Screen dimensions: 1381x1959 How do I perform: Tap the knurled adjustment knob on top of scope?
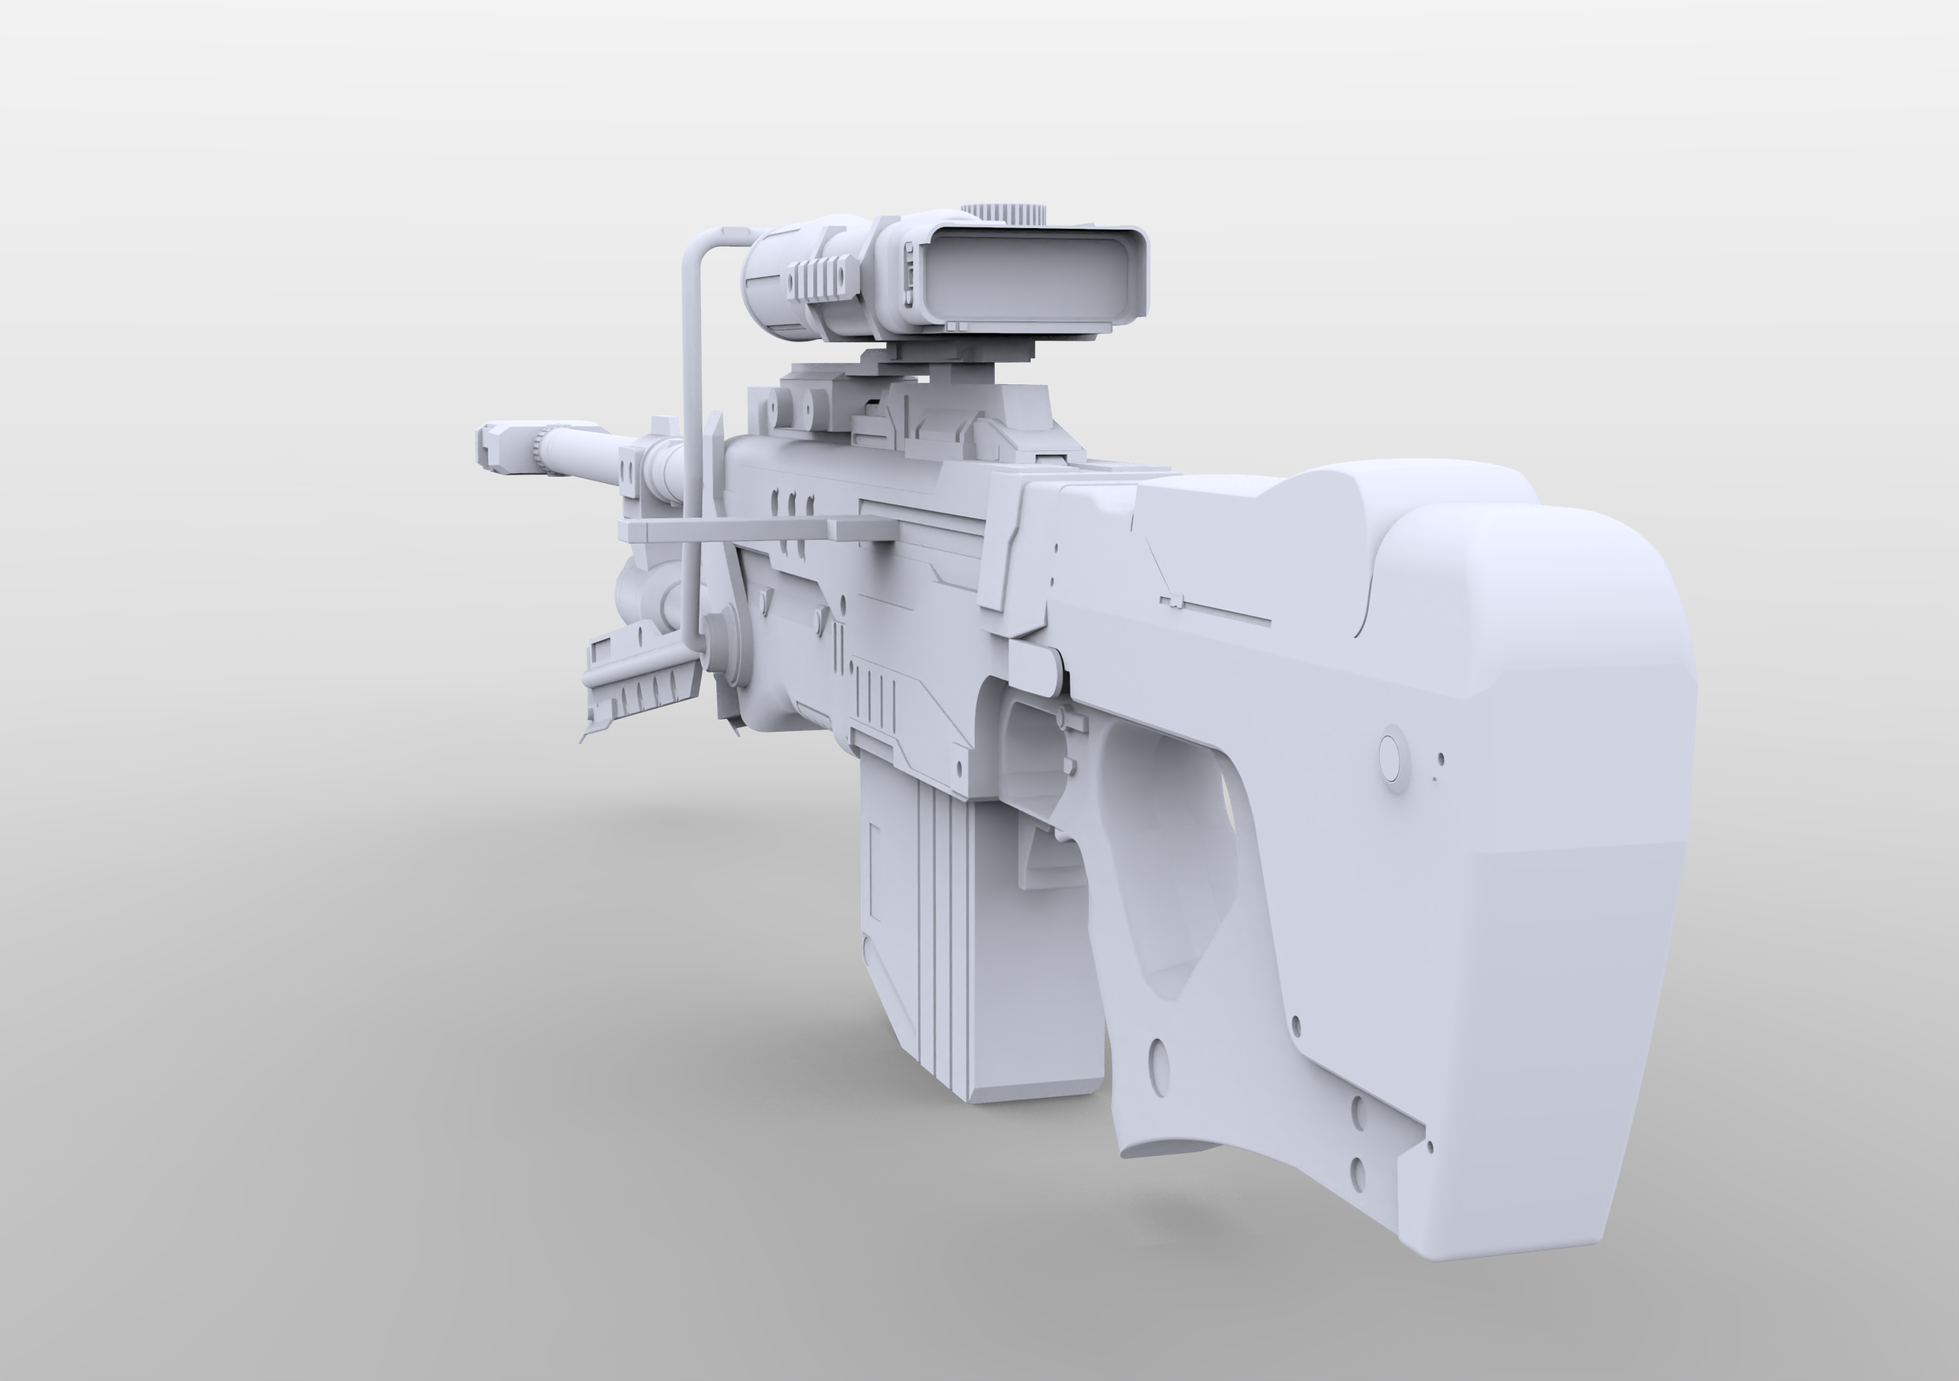click(1003, 214)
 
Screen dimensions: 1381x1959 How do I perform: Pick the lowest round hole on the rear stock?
click(1358, 1168)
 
